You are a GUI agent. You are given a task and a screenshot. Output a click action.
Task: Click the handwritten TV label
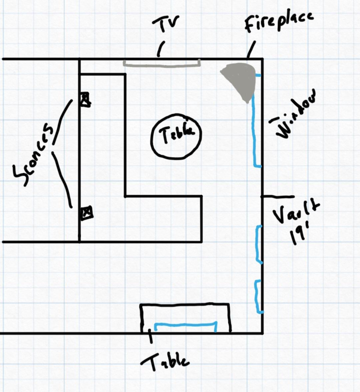click(x=166, y=25)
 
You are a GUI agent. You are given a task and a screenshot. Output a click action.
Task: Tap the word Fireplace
click(x=279, y=22)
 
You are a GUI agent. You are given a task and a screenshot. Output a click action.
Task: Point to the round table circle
click(x=177, y=136)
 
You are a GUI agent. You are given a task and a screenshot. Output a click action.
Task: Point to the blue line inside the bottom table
click(x=185, y=323)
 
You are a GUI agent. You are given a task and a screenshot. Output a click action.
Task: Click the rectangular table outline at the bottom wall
click(x=185, y=305)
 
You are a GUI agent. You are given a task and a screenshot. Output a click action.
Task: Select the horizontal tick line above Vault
click(x=277, y=197)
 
